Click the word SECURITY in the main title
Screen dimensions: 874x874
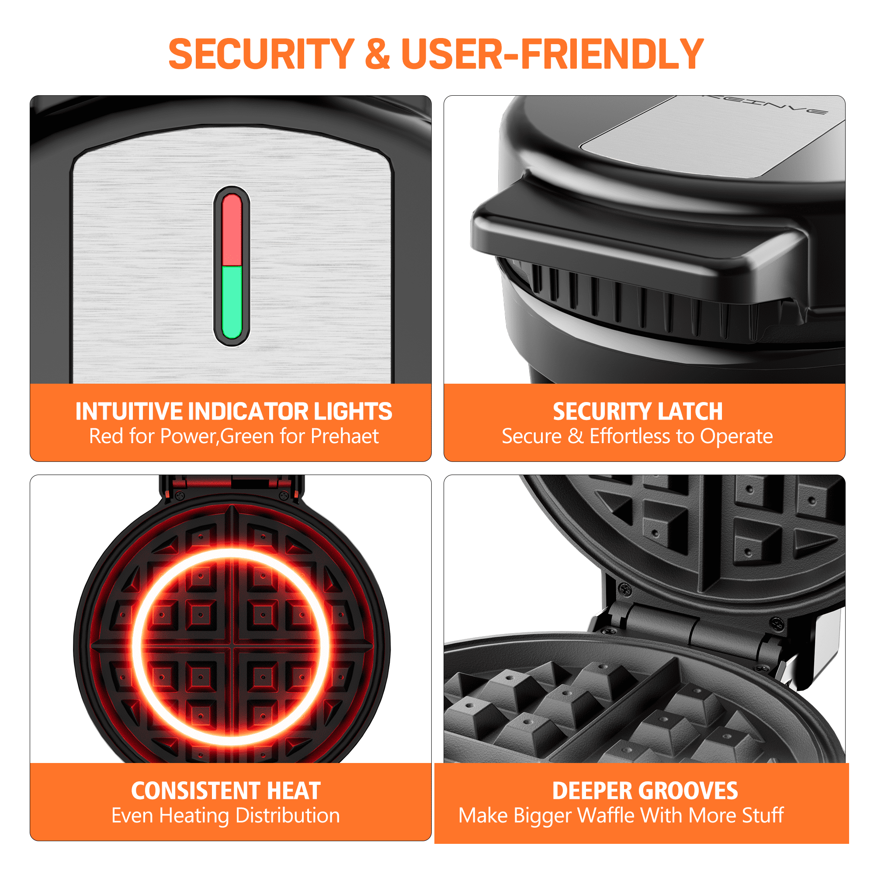click(x=261, y=54)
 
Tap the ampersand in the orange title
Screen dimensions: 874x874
click(x=377, y=54)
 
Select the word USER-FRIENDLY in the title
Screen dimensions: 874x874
click(x=552, y=54)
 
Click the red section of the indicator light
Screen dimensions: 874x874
click(x=232, y=230)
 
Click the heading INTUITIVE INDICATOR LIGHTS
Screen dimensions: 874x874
click(x=234, y=411)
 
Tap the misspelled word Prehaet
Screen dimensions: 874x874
click(x=345, y=436)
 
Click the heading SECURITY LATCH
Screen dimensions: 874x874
click(x=638, y=411)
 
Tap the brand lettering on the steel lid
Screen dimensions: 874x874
click(x=769, y=105)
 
